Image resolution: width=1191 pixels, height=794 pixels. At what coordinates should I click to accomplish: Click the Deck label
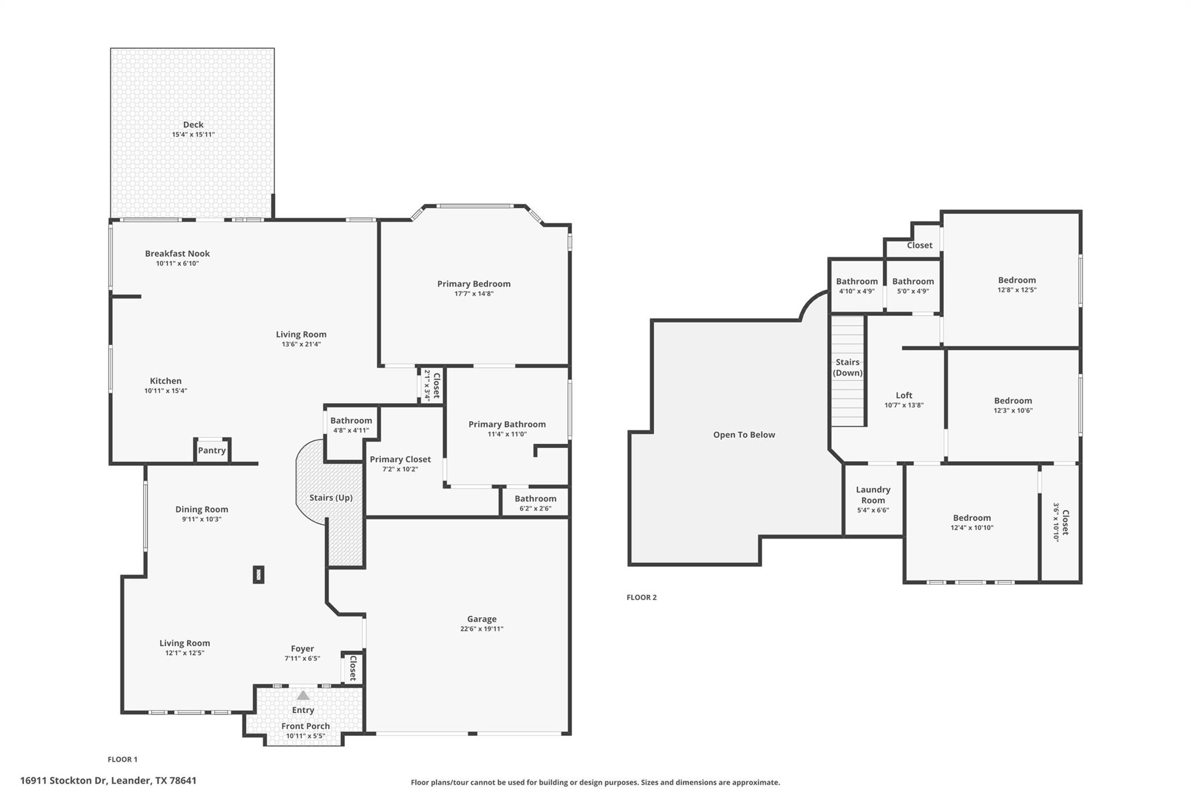point(193,124)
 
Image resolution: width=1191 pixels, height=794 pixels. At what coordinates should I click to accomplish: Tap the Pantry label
point(212,450)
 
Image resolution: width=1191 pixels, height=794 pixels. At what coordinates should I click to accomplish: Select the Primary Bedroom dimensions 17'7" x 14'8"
point(474,294)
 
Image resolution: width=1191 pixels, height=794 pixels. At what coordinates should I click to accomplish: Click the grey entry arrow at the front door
point(303,695)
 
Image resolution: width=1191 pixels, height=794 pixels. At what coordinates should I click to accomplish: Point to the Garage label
point(482,619)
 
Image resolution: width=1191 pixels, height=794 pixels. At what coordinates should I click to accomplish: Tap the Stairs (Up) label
point(330,497)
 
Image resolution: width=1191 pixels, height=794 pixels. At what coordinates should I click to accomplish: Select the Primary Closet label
point(400,459)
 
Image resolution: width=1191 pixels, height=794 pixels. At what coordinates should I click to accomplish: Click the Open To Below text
point(744,435)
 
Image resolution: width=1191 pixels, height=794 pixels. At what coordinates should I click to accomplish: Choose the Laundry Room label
point(873,495)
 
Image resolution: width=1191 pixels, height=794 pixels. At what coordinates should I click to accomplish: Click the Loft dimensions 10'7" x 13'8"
point(904,405)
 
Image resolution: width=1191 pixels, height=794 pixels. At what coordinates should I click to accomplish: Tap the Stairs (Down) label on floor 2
point(847,368)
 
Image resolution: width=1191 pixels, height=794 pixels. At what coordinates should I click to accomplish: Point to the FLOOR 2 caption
point(641,597)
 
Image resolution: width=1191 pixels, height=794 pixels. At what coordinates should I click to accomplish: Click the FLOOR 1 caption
point(123,759)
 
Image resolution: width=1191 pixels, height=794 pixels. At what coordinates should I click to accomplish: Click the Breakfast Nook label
point(177,254)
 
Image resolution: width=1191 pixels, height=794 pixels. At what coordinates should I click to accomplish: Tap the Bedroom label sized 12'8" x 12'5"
point(1017,280)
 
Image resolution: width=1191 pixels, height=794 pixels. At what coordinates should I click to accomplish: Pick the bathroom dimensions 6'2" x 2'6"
point(535,508)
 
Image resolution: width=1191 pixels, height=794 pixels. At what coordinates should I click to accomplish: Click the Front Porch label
point(305,726)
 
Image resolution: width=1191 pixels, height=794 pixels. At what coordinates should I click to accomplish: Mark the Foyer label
point(302,649)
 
